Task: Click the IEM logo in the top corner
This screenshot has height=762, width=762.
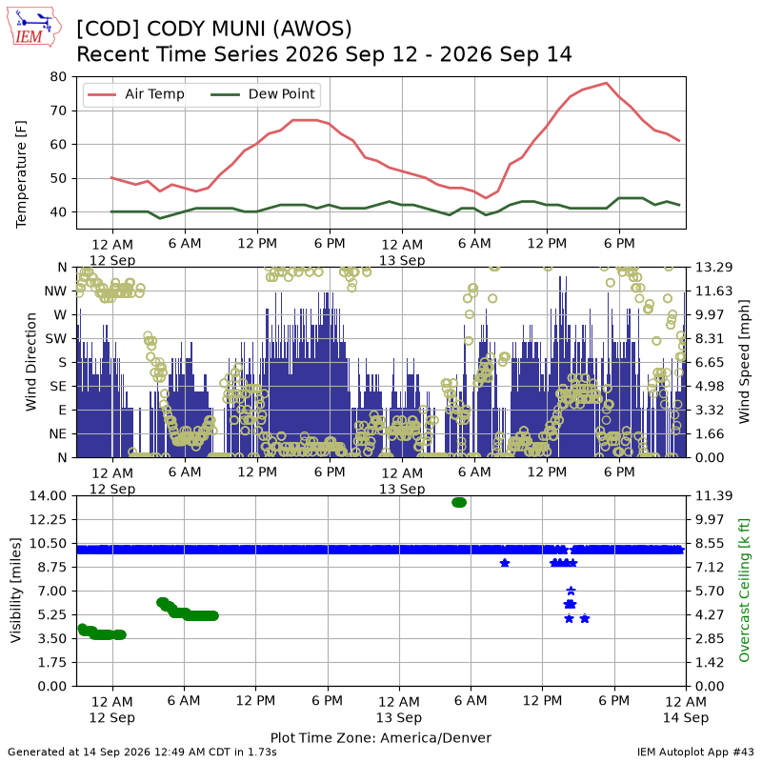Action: tap(34, 27)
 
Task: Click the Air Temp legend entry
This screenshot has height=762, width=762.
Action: tap(134, 94)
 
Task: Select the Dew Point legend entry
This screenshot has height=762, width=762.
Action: tap(263, 94)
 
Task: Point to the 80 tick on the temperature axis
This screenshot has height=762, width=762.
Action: tap(58, 77)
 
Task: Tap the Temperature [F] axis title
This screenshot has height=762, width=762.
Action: tap(20, 174)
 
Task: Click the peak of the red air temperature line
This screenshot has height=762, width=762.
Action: tap(606, 83)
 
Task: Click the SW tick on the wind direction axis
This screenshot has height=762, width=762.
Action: tap(56, 339)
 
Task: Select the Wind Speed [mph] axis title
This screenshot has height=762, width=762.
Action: tap(744, 362)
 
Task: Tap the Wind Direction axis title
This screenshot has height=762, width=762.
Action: tap(30, 362)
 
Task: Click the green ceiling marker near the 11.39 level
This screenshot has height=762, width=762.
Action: tap(459, 502)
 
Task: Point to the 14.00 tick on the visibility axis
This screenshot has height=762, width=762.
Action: tap(48, 496)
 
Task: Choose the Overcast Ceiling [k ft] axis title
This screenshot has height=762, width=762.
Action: tap(744, 590)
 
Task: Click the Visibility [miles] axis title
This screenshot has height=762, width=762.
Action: tap(16, 590)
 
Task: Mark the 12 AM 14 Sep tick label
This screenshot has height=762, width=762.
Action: tap(686, 709)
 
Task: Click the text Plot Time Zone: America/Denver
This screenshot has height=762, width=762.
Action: tap(380, 737)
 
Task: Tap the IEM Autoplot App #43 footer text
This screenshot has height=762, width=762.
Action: tap(695, 752)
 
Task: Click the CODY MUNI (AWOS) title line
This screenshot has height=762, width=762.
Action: tap(213, 29)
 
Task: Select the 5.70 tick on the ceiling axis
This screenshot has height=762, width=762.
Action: tap(710, 591)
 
